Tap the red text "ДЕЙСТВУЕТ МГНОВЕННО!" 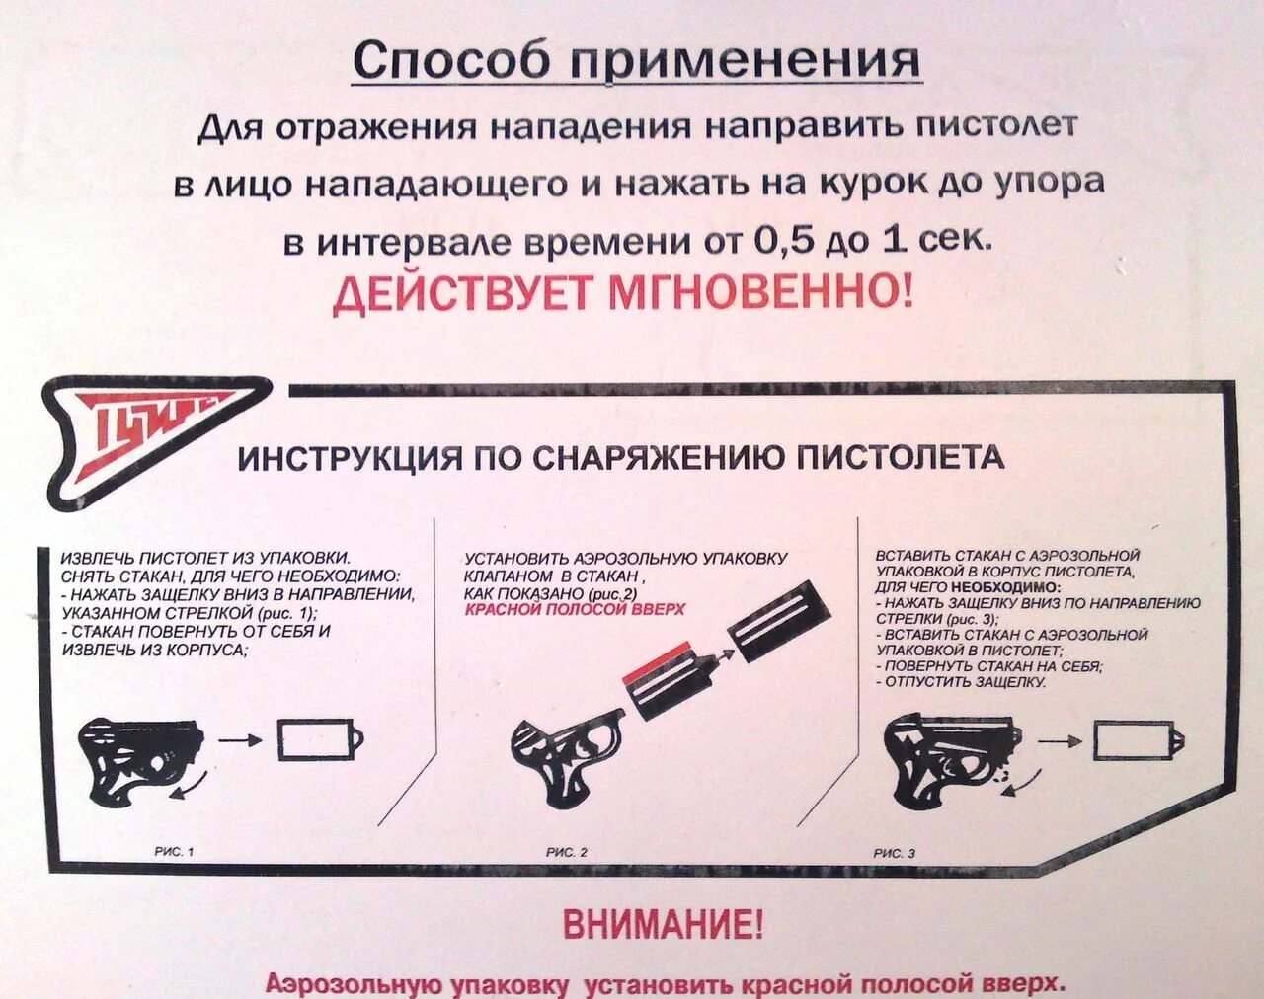(622, 294)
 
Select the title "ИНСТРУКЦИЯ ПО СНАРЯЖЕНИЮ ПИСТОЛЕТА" (621, 458)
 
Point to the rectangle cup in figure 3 (1134, 739)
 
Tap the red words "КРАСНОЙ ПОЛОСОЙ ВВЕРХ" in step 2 (574, 610)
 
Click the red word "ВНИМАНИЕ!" (663, 925)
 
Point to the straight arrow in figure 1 (239, 739)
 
